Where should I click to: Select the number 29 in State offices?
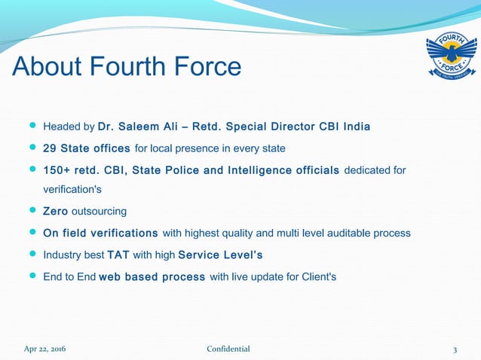(51, 147)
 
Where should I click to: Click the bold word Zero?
(56, 211)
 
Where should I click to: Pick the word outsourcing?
(99, 211)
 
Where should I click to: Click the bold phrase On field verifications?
(100, 233)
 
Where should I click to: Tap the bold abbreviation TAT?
(118, 255)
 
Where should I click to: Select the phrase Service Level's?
(220, 255)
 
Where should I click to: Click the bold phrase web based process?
(152, 276)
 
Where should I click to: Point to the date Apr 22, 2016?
(44, 349)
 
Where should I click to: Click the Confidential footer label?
(228, 349)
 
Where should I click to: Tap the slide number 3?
(455, 349)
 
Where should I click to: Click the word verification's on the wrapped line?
(72, 189)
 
